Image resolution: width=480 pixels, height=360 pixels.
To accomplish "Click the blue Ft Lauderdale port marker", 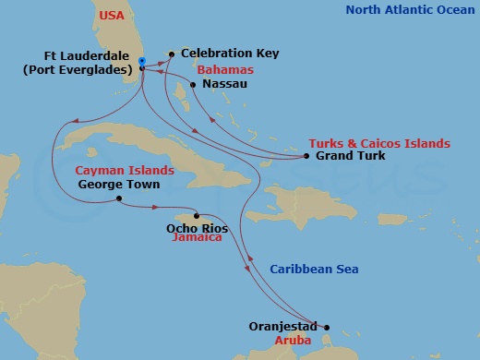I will coord(141,62).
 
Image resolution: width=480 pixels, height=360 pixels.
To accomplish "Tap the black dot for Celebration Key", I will coord(172,54).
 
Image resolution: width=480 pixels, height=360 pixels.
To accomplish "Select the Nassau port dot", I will coord(192,85).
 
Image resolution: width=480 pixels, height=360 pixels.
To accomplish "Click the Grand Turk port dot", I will coord(306,156).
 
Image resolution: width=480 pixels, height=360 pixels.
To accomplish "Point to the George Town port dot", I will coord(119,198).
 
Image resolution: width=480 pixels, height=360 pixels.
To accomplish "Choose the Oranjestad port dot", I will coord(326,327).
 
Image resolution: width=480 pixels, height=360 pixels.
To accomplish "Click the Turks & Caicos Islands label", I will coord(380,143).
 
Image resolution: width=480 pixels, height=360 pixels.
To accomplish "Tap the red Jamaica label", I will coord(197,237).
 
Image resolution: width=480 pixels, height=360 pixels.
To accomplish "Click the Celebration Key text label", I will coord(229,54).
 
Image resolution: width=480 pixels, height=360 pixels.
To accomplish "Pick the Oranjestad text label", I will coord(283,327).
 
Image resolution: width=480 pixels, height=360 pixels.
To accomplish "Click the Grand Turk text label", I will coord(350,156).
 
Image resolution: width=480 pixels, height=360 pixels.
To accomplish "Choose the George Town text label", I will coord(119,185).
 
